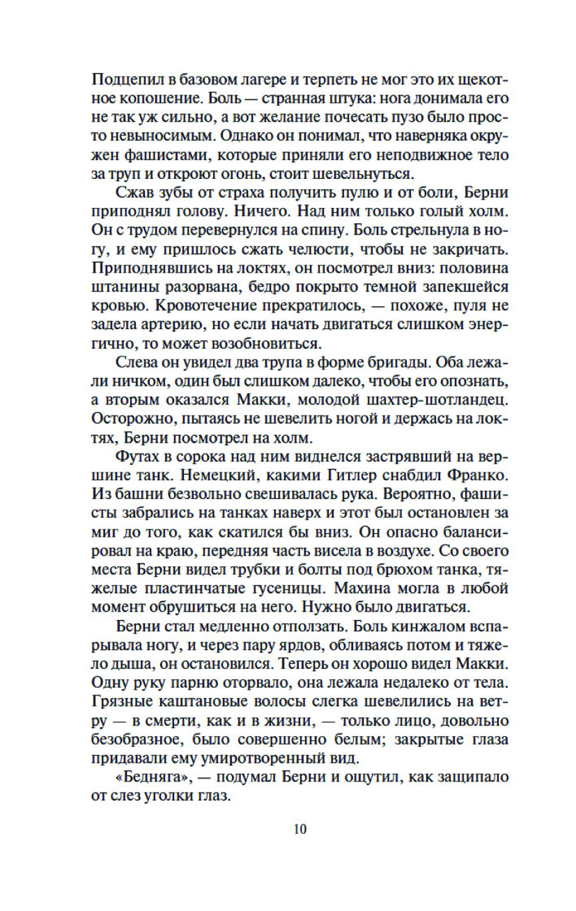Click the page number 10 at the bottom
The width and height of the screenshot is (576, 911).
300,829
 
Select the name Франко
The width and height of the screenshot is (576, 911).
479,475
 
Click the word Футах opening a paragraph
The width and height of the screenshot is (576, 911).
139,457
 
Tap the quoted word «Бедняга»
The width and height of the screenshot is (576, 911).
151,777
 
